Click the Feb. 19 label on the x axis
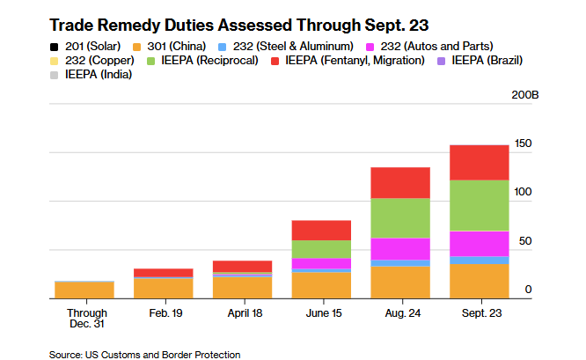(163, 312)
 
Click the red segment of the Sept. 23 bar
(480, 162)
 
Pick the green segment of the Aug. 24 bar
(400, 217)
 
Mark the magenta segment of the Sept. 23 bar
(480, 244)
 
